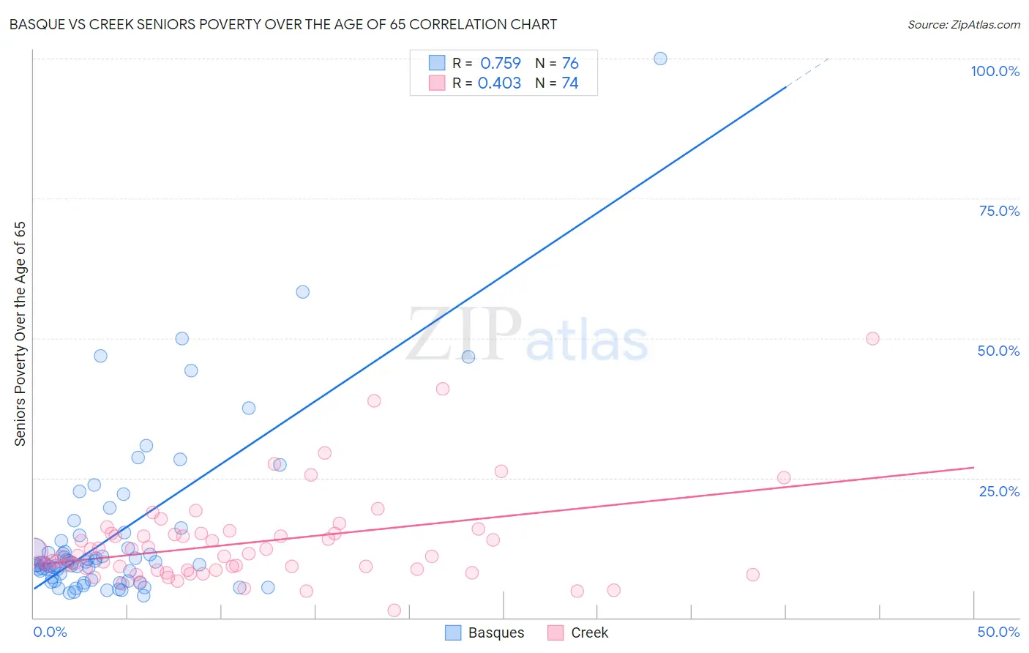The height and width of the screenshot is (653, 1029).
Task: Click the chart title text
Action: (282, 24)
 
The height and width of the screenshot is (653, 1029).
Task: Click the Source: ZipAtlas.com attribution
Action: (963, 24)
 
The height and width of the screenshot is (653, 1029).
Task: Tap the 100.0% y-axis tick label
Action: (995, 71)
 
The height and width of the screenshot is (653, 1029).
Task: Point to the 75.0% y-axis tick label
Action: (999, 211)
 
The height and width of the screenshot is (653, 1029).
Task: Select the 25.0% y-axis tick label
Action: (999, 491)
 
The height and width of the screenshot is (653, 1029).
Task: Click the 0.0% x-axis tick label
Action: (50, 632)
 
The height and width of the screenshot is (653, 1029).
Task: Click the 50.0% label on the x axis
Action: (998, 632)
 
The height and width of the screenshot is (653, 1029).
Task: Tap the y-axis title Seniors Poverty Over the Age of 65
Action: (20, 334)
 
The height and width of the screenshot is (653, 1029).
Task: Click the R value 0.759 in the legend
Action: (501, 64)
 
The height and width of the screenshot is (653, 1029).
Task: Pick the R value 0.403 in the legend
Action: (499, 83)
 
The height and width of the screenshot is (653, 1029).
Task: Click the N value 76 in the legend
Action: (570, 64)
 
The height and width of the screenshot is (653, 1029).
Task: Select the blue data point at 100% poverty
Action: (660, 59)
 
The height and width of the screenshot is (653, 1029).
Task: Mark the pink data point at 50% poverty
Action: (872, 338)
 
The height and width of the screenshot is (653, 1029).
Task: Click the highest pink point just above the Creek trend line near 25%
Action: (784, 477)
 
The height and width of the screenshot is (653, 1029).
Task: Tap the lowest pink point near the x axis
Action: (394, 611)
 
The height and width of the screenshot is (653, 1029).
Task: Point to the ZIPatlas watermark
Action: (527, 335)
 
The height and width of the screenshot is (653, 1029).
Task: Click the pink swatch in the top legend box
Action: (437, 83)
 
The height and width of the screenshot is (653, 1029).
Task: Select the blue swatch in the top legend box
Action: (437, 63)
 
